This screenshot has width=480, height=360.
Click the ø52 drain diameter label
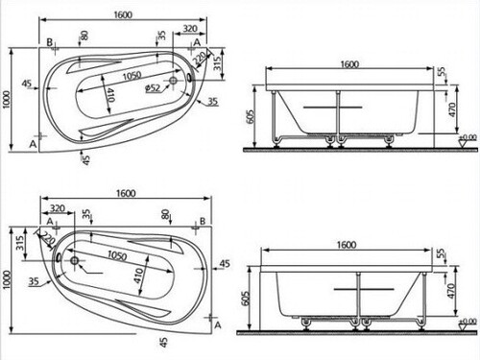[x=153, y=87]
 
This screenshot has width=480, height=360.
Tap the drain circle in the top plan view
[x=173, y=81]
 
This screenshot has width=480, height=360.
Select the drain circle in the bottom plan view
[x=75, y=260]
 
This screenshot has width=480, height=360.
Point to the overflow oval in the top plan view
[x=190, y=77]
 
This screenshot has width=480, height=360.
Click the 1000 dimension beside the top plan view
[x=7, y=100]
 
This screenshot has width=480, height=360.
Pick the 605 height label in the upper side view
[x=251, y=116]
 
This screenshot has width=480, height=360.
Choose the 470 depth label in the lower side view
[x=450, y=291]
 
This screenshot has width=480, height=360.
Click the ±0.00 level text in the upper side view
[x=468, y=137]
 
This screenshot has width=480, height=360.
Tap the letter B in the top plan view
[x=50, y=42]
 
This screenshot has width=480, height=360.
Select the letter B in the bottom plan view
[x=203, y=221]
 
